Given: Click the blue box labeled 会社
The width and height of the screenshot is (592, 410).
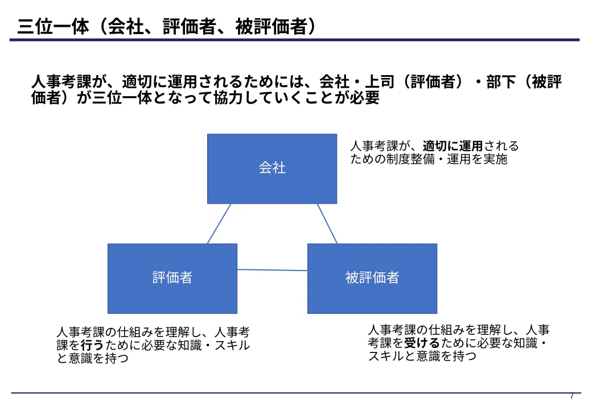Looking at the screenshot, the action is [x=272, y=169].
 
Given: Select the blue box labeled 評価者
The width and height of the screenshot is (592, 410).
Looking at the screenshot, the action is [x=172, y=278].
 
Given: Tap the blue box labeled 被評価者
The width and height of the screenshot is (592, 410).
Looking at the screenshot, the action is [x=372, y=278].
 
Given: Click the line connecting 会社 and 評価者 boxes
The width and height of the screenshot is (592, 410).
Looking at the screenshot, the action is [x=219, y=224].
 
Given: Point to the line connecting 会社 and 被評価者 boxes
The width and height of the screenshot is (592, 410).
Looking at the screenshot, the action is [x=327, y=224].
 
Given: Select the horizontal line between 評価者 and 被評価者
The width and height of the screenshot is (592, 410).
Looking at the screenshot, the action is [x=272, y=270].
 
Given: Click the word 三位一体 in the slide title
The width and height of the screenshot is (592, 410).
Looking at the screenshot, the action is [x=54, y=26].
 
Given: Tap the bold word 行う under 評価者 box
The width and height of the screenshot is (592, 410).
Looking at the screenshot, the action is [x=92, y=345].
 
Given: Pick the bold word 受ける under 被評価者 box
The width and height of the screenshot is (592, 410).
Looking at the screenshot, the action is [x=422, y=343].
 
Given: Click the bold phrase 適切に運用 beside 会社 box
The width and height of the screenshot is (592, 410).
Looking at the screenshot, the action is [x=453, y=146].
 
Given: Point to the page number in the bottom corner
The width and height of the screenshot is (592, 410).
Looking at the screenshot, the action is [x=573, y=396].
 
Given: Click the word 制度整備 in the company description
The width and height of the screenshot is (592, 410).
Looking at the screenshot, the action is [x=410, y=159].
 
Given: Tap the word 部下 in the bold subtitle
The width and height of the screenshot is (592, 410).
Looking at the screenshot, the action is [x=501, y=81].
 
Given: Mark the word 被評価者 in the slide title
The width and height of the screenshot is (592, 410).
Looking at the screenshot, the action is [x=271, y=26].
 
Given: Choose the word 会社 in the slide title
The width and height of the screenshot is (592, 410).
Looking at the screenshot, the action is [x=126, y=26].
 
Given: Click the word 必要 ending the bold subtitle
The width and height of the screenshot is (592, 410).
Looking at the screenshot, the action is [x=364, y=97].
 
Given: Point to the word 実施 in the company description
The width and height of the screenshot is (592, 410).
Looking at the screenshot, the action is [x=495, y=159].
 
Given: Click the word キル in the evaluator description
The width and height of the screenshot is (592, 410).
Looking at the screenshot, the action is [x=238, y=345].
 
